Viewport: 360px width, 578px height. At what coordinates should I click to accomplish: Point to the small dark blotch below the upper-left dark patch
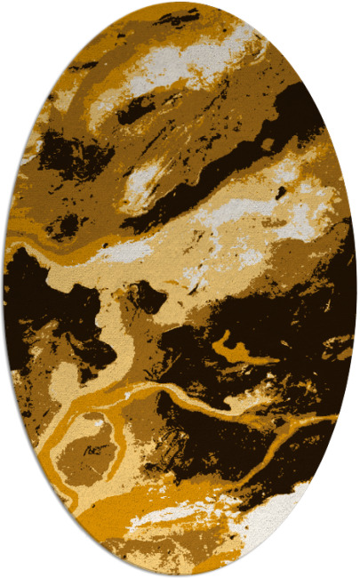tap(64, 227)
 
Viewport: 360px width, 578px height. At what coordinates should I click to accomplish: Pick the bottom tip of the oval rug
tap(180, 574)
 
